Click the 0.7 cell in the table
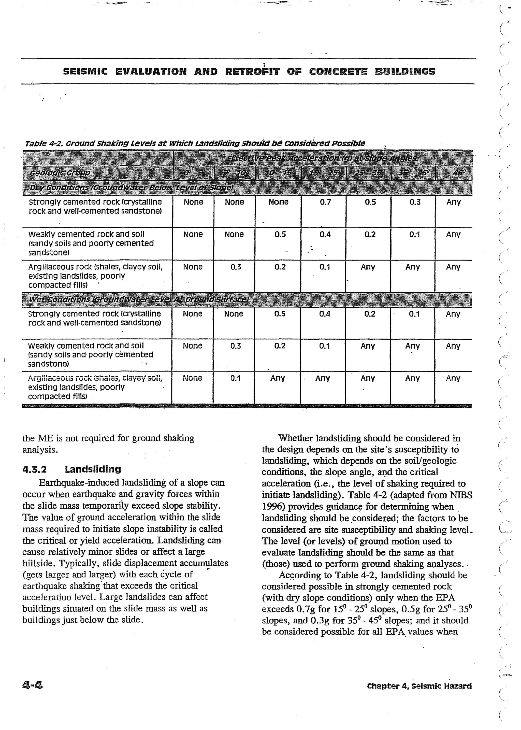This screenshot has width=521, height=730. coord(325,202)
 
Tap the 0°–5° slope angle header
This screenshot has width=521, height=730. coord(193,173)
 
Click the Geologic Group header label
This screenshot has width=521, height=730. coord(60,173)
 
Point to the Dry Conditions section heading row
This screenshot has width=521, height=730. coord(131,187)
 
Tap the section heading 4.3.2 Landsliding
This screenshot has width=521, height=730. coord(72,470)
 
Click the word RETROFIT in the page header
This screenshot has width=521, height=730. coord(252,71)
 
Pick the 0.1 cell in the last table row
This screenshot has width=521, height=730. coord(236,378)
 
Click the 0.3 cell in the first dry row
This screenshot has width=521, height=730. coord(415,202)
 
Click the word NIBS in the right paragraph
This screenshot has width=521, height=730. coord(461,495)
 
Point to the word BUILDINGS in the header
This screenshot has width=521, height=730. coord(405,71)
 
